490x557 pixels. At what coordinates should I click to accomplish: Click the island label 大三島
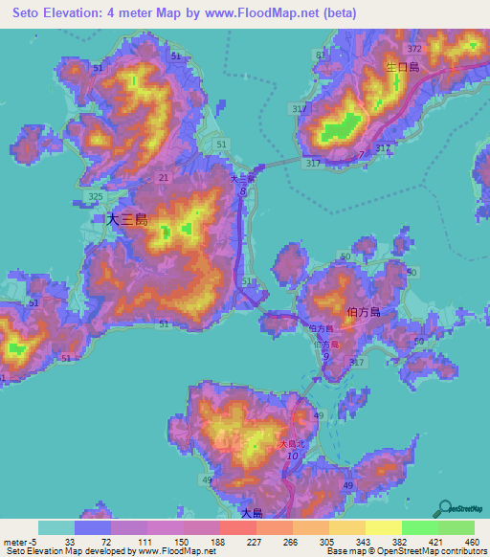tap(126, 219)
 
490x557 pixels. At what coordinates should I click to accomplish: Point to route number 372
tap(413, 48)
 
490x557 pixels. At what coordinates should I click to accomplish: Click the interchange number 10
tap(293, 458)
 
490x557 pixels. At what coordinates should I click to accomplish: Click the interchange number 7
tap(361, 154)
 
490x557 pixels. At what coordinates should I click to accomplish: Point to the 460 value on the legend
tap(472, 541)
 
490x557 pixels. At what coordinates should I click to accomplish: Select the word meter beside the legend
tap(13, 541)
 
